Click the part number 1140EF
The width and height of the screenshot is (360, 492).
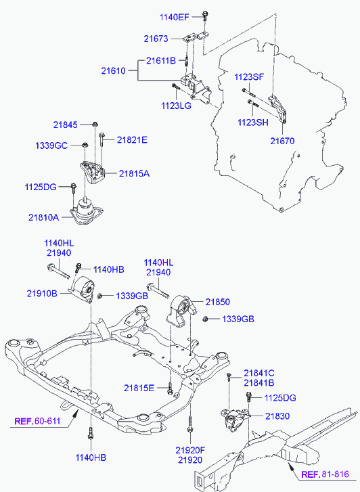coord(175,17)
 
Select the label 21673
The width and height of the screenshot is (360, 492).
coord(156,39)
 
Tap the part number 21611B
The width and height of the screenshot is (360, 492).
coord(161,60)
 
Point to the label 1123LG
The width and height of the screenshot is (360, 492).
coord(176,106)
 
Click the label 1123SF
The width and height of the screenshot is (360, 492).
coord(249,77)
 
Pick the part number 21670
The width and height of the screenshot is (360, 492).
coord(282,141)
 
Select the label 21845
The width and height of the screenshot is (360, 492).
coord(65,125)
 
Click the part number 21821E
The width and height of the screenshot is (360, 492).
coord(132,140)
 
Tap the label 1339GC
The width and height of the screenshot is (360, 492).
coord(51,146)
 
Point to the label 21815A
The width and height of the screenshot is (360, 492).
coord(134,173)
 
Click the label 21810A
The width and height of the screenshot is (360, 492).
coord(43,217)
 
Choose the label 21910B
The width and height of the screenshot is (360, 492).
coord(42,294)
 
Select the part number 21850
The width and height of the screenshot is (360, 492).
coord(218,302)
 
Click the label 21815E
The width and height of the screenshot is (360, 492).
coord(139,388)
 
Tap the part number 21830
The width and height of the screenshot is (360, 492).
coord(277,416)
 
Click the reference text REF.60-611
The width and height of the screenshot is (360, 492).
coord(37,421)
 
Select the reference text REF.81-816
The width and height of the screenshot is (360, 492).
coord(325,474)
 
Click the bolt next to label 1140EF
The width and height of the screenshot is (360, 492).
coord(205,16)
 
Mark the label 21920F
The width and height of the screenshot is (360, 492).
coord(190,450)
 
